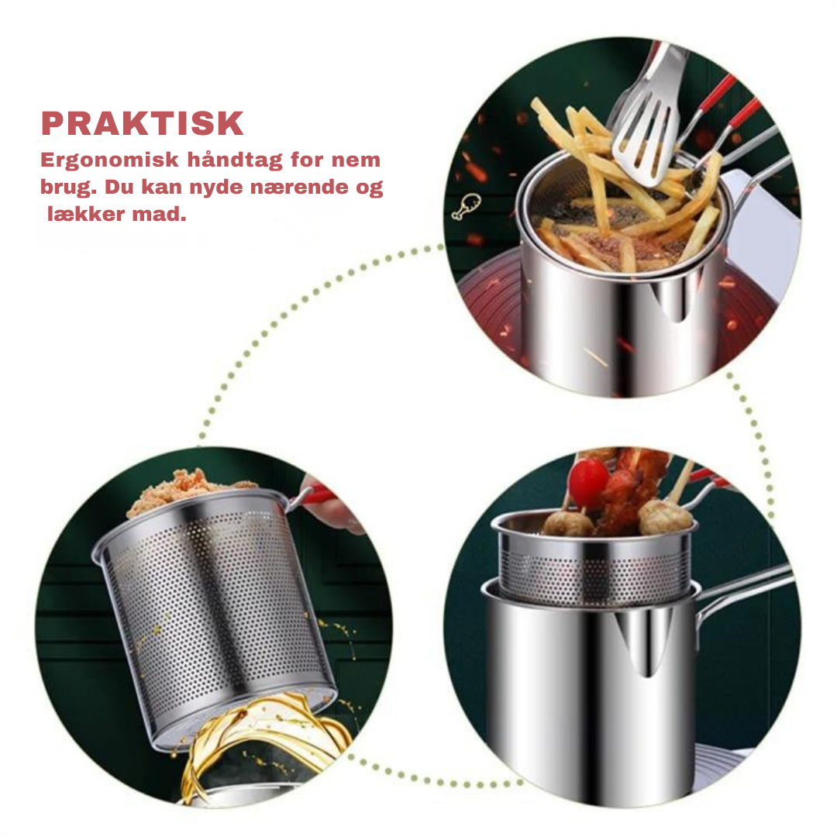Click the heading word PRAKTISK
[143, 124]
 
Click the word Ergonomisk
[109, 160]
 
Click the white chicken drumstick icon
[466, 207]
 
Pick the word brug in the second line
[69, 188]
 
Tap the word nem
[356, 160]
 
